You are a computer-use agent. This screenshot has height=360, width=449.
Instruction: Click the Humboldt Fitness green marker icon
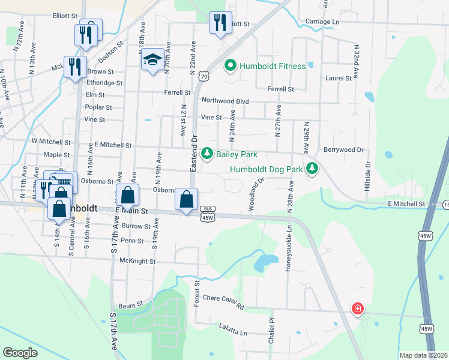[x=229, y=65]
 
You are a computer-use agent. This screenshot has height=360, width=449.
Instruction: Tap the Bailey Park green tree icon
[x=207, y=154]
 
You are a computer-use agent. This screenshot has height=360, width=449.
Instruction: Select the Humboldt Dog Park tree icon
[x=312, y=169]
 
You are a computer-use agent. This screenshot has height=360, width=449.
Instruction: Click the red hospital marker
[x=358, y=309]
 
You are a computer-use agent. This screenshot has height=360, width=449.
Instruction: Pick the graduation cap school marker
[x=152, y=60]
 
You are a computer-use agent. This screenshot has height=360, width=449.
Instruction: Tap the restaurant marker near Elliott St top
[x=220, y=23]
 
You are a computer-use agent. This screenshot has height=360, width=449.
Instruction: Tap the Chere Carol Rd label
[x=223, y=302]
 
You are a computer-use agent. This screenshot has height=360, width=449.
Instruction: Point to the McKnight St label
[x=137, y=261]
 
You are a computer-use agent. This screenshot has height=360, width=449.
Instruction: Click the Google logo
[x=20, y=353]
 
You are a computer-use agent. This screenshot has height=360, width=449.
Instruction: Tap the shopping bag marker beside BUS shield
[x=187, y=199]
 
